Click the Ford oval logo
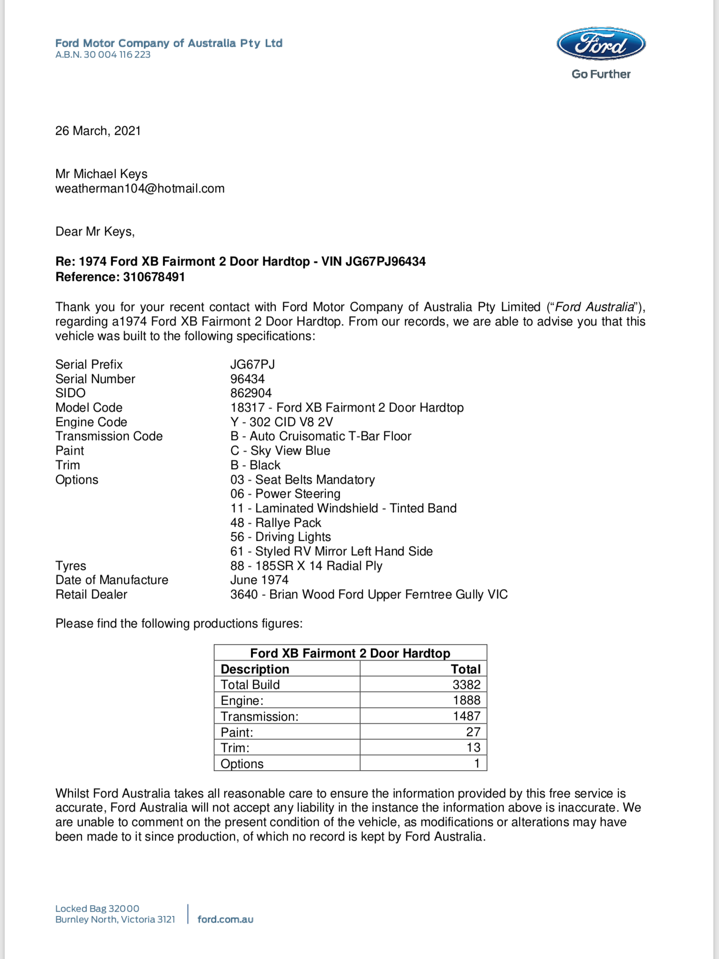click(x=601, y=44)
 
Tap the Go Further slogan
click(x=601, y=74)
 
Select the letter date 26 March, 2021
click(x=98, y=131)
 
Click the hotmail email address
click(x=140, y=189)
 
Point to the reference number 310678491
click(x=154, y=277)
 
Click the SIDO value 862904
click(x=251, y=393)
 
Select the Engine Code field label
click(x=91, y=422)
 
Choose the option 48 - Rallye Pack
click(x=276, y=523)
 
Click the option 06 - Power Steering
click(x=285, y=494)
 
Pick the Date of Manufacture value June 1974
click(x=259, y=580)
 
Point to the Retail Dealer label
click(x=91, y=594)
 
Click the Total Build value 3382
click(x=466, y=685)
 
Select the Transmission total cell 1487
click(x=466, y=716)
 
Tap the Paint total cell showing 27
click(x=473, y=732)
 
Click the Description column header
click(x=255, y=669)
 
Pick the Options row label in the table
click(x=242, y=764)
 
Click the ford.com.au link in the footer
click(x=225, y=919)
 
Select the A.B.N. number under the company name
click(x=103, y=55)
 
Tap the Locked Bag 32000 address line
click(x=97, y=908)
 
